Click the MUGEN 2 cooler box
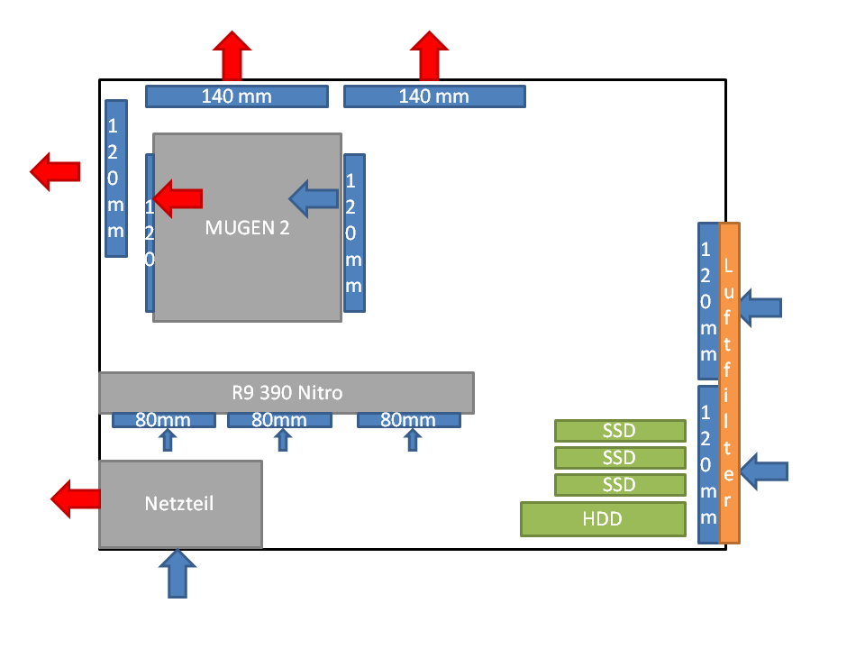(247, 261)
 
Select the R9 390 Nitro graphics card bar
(287, 393)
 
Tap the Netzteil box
(180, 504)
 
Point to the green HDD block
(603, 519)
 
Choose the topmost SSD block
(619, 430)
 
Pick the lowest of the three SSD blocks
(619, 485)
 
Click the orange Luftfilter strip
(730, 383)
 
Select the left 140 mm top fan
(236, 96)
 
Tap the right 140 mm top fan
(434, 96)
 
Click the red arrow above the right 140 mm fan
(430, 55)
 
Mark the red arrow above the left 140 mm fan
(232, 55)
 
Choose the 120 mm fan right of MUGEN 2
(354, 233)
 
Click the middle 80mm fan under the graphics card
(279, 420)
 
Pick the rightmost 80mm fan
(409, 420)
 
